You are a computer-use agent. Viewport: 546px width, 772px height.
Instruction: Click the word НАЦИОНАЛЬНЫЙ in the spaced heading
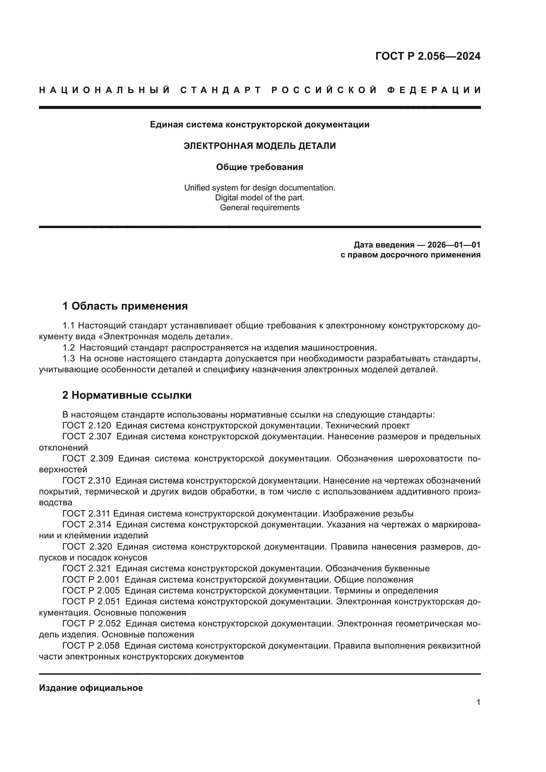pos(105,90)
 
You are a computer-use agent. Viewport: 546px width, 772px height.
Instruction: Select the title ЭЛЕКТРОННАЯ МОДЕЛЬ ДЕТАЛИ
pos(259,146)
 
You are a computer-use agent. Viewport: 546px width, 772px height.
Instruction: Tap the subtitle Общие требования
pos(259,167)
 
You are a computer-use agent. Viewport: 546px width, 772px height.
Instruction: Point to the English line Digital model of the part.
pos(259,198)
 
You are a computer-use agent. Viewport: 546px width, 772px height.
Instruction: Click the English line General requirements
pos(259,208)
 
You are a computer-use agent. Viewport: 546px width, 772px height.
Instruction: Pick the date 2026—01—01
pos(454,245)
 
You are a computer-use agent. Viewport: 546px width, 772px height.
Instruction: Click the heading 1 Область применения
pos(125,306)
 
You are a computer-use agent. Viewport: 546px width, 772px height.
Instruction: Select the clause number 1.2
pos(69,347)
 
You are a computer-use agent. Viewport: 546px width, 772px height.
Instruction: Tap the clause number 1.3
pos(69,358)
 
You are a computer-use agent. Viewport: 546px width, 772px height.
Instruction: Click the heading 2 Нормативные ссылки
pos(127,395)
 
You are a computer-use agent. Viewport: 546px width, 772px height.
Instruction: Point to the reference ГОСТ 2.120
pos(87,426)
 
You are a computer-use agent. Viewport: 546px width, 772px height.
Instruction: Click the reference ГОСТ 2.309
pos(88,459)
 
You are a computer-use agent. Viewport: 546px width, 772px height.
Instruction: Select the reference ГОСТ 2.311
pos(86,514)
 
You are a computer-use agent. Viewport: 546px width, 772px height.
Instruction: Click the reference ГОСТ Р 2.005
pos(91,590)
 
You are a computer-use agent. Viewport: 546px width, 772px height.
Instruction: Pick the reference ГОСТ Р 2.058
pos(91,646)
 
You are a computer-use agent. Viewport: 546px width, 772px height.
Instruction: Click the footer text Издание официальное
pos(91,688)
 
